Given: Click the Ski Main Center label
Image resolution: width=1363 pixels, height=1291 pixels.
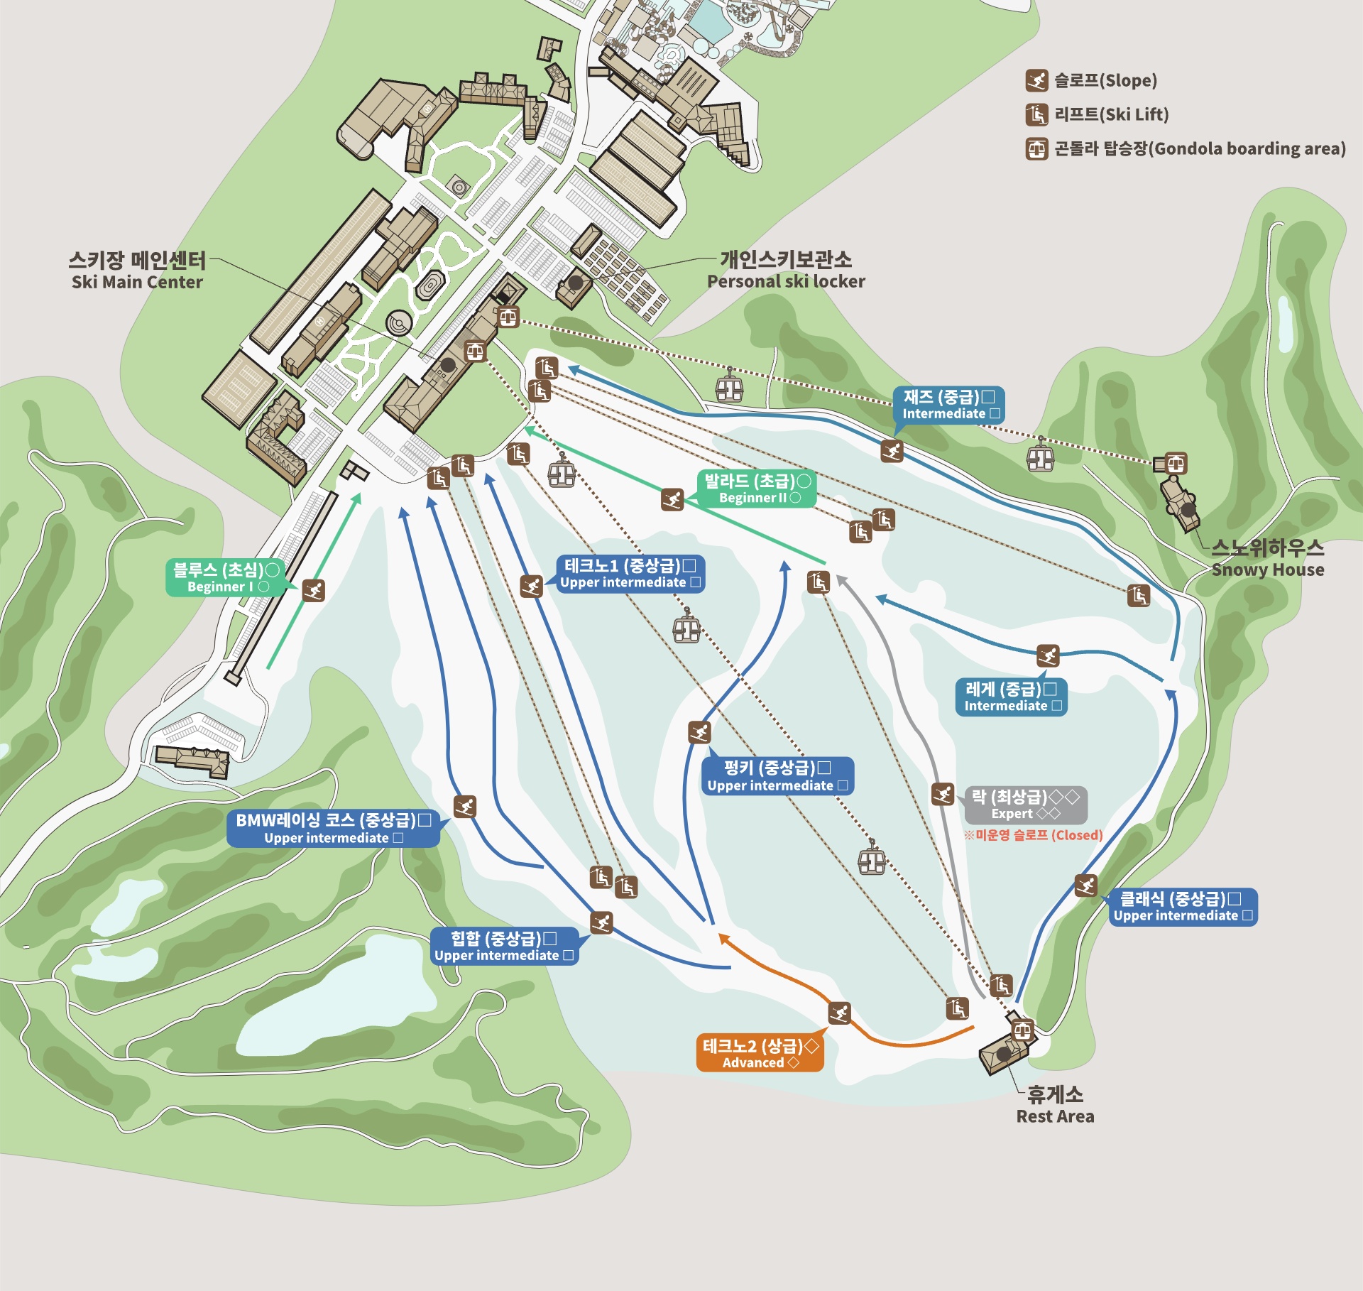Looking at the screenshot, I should [137, 271].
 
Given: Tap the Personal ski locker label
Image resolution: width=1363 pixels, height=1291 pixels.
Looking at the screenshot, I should [786, 271].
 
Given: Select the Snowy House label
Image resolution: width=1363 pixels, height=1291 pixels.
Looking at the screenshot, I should [1267, 559].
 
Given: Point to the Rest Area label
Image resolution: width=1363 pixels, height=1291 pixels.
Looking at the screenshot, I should [1055, 1105].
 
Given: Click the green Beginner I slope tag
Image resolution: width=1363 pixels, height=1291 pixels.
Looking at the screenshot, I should [225, 578].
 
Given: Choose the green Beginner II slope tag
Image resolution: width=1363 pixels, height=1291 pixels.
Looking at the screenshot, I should [757, 489].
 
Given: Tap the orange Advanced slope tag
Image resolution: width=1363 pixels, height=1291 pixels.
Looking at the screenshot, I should [760, 1053].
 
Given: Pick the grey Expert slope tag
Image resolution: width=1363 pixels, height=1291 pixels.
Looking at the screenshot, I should [1025, 805].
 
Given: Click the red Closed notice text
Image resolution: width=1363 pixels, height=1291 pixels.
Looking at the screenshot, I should [1033, 835].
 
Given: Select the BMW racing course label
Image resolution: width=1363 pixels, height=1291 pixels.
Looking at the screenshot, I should [333, 829].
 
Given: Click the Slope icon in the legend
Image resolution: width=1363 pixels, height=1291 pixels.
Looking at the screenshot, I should [1036, 81].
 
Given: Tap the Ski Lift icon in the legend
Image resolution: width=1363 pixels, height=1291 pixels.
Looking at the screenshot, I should [1036, 114].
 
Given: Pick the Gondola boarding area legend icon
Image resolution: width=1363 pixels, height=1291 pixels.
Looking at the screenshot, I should [1036, 148].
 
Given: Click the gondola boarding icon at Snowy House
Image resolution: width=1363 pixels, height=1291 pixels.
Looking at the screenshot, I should [1176, 464].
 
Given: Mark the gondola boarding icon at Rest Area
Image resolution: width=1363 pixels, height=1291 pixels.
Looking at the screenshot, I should [1022, 1029].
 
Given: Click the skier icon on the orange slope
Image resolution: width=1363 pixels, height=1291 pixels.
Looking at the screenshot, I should [839, 1013].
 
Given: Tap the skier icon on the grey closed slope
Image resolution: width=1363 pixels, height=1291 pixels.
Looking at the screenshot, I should [942, 794].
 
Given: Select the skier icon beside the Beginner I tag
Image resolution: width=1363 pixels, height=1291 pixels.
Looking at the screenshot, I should [313, 590].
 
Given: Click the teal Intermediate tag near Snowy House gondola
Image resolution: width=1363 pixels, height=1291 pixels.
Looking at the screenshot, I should [948, 405].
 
